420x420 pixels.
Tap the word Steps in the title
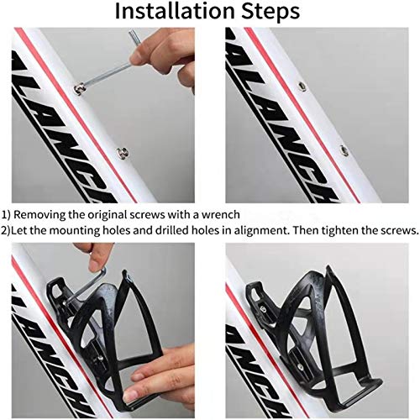266,13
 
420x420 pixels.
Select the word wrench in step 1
219,214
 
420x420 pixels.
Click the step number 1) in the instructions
7,214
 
